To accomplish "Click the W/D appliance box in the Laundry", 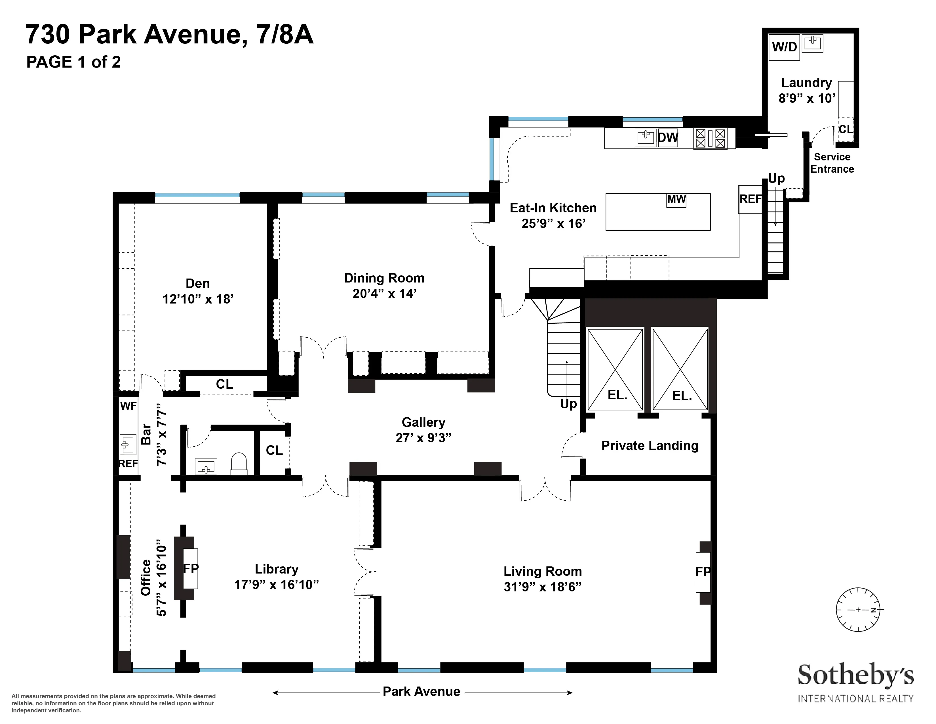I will click(784, 47).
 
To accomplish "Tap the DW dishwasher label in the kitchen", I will click(668, 138).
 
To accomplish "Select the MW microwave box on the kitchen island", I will click(676, 200).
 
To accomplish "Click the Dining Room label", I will click(384, 278).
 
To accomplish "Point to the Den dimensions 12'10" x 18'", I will click(198, 299).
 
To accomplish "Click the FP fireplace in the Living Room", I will click(703, 572).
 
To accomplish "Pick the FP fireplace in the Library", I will click(191, 569).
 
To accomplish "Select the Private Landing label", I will click(650, 446).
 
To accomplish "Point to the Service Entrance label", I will click(832, 163).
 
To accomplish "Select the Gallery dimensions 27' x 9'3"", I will click(423, 438).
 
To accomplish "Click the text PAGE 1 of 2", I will click(74, 62).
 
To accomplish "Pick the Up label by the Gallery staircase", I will click(568, 404).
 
